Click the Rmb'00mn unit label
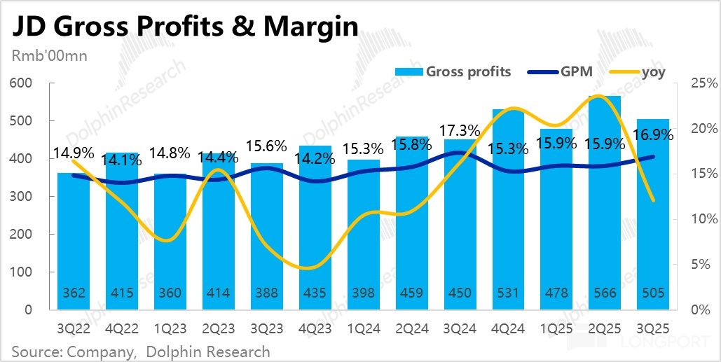click(x=48, y=57)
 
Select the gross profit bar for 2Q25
click(x=605, y=203)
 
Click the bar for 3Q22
click(x=74, y=238)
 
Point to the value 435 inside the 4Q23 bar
click(x=315, y=293)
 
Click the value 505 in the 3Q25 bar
click(x=653, y=293)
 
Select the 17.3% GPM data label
click(x=460, y=130)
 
